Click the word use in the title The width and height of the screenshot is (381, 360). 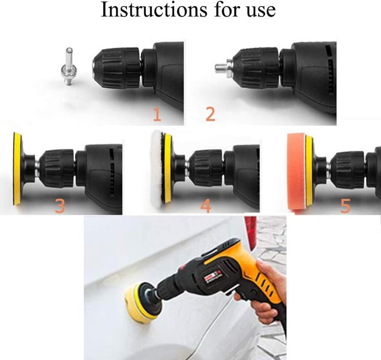point(261,11)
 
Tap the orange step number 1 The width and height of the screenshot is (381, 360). point(157,115)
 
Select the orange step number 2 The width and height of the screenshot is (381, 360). point(210,114)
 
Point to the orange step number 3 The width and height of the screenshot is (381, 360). point(60,206)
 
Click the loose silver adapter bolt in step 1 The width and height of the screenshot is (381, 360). point(68,66)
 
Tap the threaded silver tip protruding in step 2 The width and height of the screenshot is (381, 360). point(221,68)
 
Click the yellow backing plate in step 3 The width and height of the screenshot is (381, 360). point(17,169)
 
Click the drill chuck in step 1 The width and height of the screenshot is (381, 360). point(117,68)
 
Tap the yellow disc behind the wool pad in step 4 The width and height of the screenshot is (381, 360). point(168,168)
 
